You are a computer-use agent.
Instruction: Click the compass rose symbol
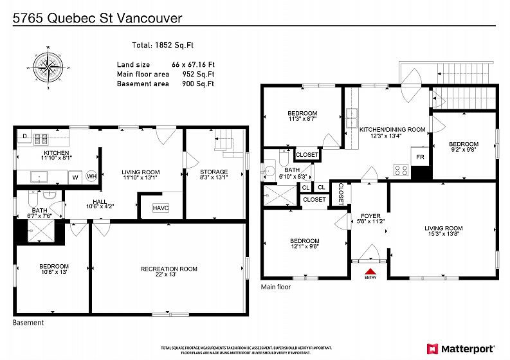48,67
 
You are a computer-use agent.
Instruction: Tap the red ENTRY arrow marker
370,271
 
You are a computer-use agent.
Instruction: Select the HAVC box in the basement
161,208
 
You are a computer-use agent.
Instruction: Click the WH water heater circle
92,176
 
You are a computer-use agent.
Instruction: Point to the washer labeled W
75,177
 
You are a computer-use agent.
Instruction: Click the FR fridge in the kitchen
420,157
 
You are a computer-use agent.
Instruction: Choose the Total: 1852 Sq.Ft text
163,45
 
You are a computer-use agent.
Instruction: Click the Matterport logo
461,349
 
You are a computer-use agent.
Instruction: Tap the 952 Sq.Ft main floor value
198,74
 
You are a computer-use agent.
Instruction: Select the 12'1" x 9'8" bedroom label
304,246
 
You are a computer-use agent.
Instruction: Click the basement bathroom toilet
33,199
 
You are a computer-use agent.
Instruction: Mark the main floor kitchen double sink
352,118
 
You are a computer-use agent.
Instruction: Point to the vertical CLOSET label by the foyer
341,194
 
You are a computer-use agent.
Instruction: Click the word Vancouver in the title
149,18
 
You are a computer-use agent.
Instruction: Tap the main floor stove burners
401,170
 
